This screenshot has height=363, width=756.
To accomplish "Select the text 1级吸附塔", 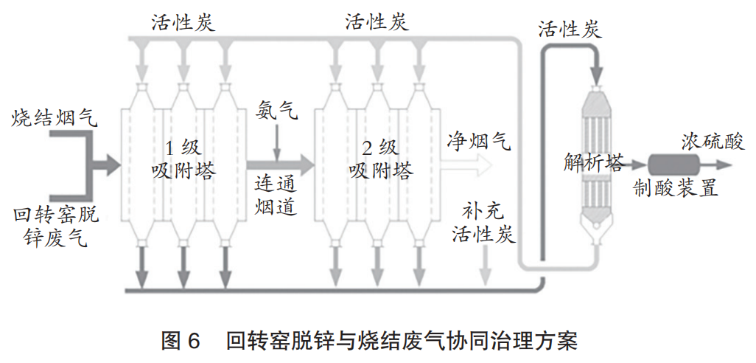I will point(183,159).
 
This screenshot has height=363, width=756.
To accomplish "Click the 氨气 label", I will point(276,111).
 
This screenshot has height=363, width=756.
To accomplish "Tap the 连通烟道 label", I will point(276,195).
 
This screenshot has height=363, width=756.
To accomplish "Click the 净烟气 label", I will point(478,140).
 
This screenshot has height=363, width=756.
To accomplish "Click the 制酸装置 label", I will point(676,189).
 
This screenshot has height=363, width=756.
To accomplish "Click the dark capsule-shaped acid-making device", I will point(672,164).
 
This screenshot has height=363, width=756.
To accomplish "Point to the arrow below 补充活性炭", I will point(485,265).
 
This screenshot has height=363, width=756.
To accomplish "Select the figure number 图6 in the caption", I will point(181,342).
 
